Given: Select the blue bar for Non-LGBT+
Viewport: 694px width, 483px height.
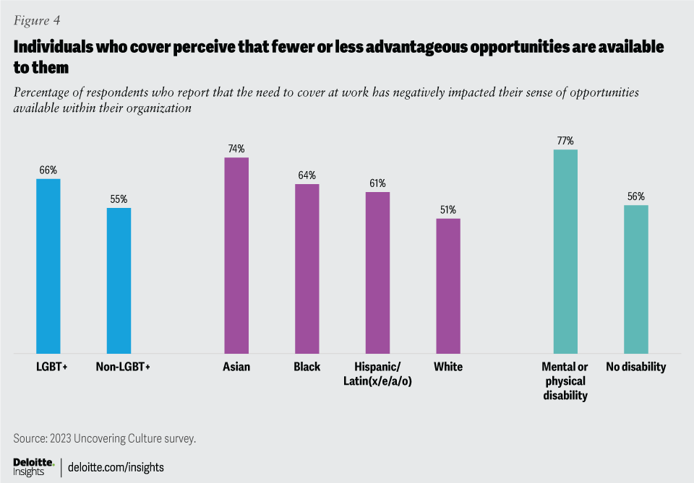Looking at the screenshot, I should click(x=119, y=281).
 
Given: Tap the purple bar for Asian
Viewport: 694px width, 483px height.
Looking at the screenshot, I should click(x=236, y=256).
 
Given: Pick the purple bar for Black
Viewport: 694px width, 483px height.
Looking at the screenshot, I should click(x=307, y=269).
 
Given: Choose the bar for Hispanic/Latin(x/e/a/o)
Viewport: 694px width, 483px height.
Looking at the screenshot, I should click(x=377, y=273).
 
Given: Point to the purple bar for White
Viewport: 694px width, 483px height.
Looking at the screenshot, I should click(x=448, y=286).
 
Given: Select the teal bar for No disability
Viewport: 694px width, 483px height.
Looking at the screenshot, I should click(x=636, y=279).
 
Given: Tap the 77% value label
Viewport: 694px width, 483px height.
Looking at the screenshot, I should click(x=565, y=141).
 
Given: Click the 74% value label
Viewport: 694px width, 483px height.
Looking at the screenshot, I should click(x=236, y=149).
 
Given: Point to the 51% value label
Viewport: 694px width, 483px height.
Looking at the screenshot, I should click(x=448, y=210).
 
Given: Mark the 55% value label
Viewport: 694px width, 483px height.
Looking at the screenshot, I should click(x=119, y=199).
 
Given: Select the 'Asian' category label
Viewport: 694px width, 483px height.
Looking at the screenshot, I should click(x=236, y=367).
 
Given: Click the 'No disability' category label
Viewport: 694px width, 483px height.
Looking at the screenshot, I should click(x=636, y=367).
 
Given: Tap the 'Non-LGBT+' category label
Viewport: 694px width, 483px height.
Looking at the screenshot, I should click(x=123, y=367).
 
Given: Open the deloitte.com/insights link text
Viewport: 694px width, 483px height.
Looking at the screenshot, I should click(x=116, y=467).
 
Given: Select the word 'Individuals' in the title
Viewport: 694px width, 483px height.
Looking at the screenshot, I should click(x=51, y=47).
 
